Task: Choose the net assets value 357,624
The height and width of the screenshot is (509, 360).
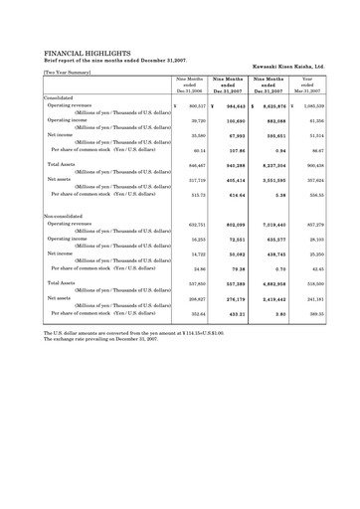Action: tap(314, 180)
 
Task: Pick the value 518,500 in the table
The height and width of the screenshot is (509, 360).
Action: tap(314, 284)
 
